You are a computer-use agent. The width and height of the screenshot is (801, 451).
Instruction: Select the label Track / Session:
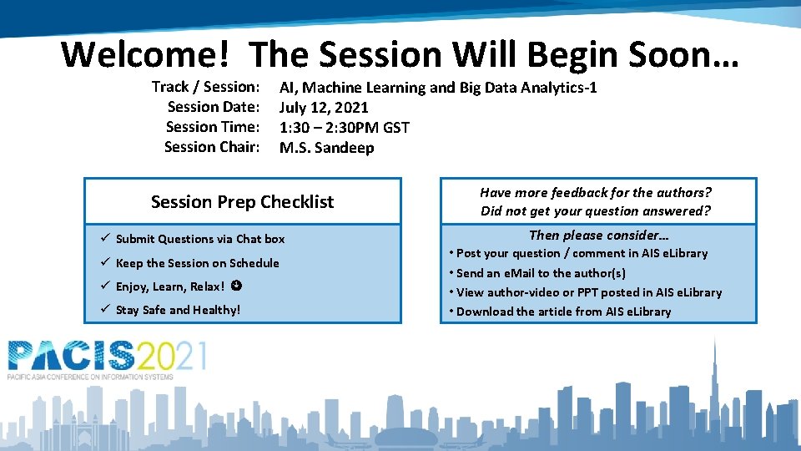point(206,87)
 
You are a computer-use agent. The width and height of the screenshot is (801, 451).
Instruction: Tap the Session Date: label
point(214,107)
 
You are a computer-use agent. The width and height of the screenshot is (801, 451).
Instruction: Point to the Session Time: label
point(213,127)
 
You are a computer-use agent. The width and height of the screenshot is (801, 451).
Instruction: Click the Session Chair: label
point(212,147)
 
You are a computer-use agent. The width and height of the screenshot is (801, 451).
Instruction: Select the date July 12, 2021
point(324,107)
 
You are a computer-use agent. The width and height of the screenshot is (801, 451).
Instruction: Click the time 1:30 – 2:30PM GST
point(344,127)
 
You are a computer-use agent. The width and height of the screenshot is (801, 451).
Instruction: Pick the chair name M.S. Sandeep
point(326,148)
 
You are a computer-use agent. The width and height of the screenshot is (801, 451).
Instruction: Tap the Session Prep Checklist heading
point(242,202)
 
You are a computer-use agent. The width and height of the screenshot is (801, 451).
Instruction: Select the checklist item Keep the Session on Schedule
point(197,263)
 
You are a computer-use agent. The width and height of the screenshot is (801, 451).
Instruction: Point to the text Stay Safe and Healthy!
point(178,310)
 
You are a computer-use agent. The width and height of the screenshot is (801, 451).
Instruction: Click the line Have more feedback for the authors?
point(595,192)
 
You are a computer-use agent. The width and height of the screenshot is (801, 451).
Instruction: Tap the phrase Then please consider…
point(599,235)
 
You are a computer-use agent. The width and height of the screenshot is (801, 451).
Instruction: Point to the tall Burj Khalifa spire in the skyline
point(714,367)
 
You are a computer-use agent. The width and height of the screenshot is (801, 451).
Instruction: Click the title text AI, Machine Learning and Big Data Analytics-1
point(438,87)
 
